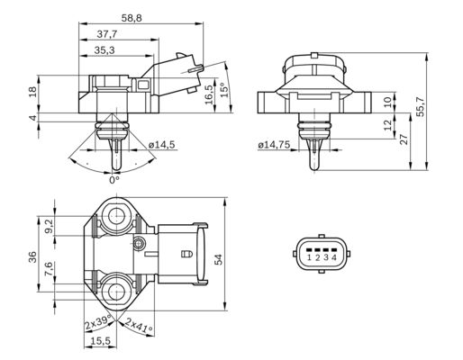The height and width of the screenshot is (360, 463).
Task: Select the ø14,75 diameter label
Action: [274, 144]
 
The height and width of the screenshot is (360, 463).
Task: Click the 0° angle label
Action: [113, 181]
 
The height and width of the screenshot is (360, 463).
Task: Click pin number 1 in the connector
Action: [308, 258]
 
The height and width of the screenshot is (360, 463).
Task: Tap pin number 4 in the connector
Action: [334, 258]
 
